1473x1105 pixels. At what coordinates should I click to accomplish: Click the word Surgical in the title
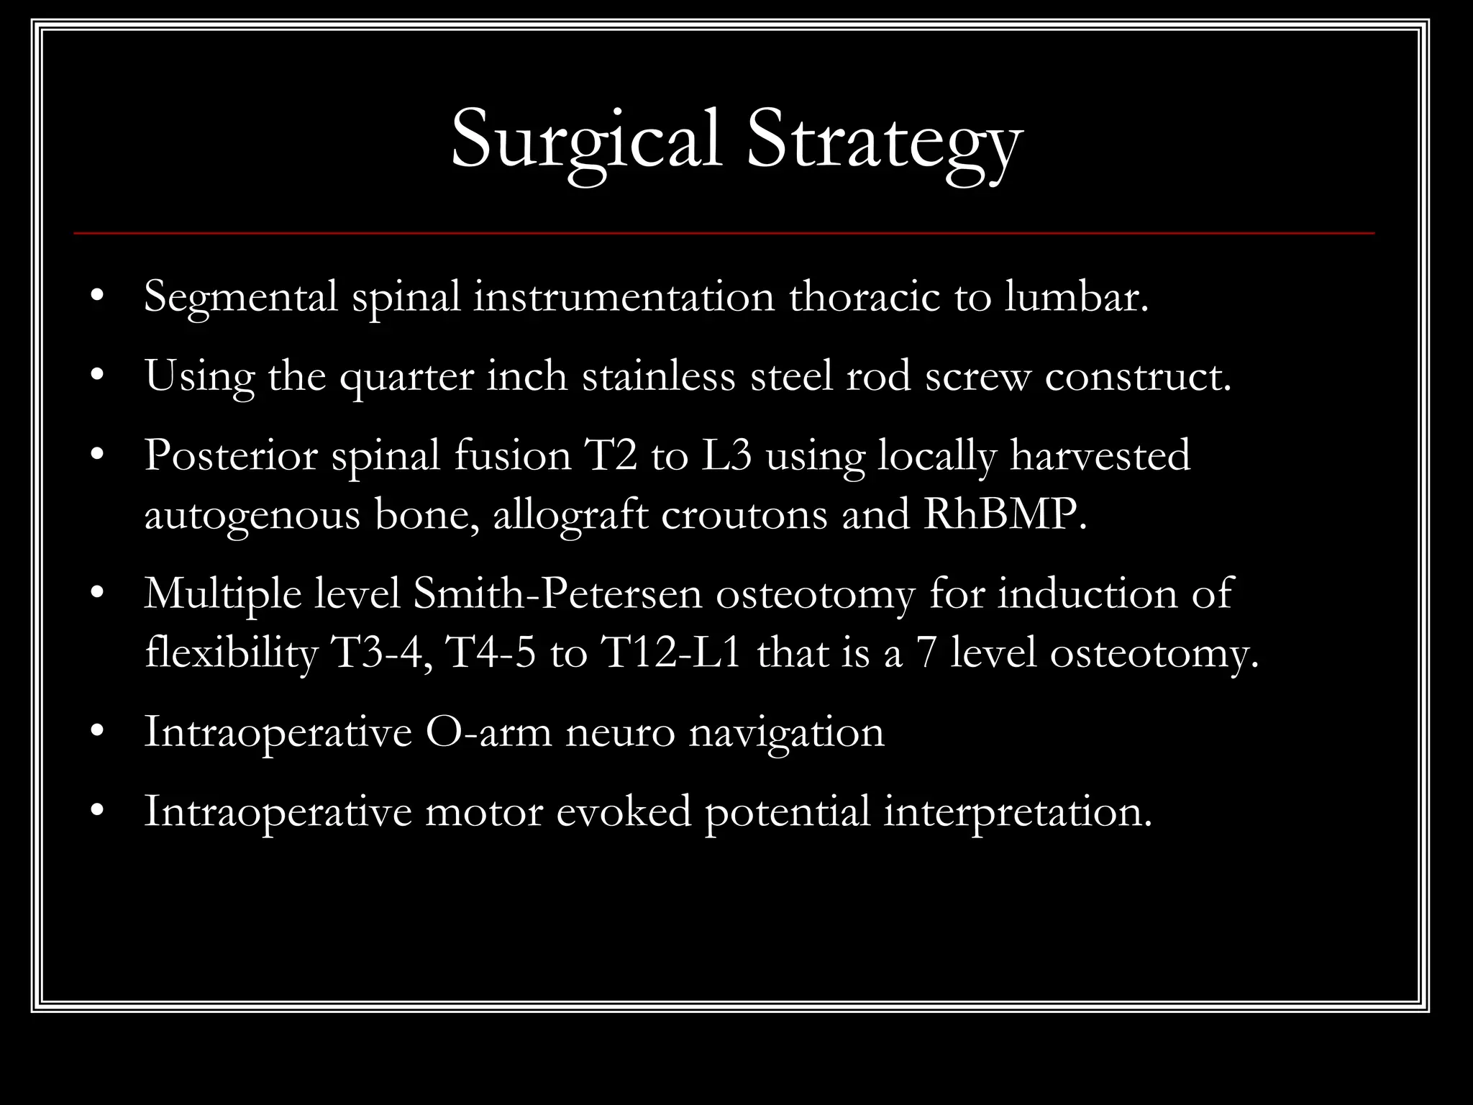coord(585,140)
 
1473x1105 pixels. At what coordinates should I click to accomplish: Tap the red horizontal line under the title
coord(724,233)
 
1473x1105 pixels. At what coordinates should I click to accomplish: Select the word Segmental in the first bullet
coord(240,297)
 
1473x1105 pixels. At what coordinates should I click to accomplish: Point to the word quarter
coord(406,377)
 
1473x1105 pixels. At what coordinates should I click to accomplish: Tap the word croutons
coord(744,515)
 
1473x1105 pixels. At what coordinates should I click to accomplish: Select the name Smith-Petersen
coord(557,594)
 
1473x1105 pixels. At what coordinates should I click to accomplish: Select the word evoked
coord(624,812)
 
